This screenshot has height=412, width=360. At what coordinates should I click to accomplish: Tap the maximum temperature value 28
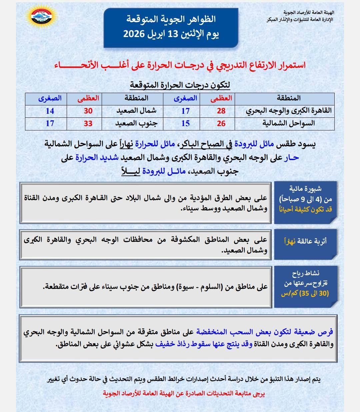pos(221,111)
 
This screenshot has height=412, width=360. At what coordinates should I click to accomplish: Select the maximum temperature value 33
pos(88,123)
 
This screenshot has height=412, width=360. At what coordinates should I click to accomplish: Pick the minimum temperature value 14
pos(50,111)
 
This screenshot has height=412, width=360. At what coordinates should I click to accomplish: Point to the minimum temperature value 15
pos(185,123)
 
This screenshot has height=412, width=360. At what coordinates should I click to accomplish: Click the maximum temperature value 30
pos(88,111)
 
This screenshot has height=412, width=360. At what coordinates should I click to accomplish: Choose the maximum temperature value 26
pos(221,123)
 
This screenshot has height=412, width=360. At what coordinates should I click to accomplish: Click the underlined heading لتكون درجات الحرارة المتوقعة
pos(180,85)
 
